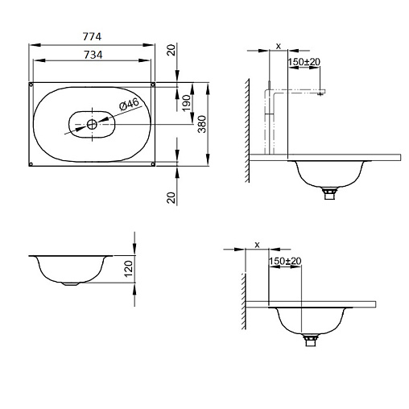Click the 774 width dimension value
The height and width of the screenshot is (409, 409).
click(92, 36)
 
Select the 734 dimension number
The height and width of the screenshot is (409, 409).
click(93, 55)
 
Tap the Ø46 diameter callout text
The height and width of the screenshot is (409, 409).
click(129, 104)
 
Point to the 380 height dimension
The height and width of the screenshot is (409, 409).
click(202, 124)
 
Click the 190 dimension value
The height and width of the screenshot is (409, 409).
click(186, 103)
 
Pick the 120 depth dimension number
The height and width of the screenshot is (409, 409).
click(128, 269)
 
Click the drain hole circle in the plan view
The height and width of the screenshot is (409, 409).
click(92, 124)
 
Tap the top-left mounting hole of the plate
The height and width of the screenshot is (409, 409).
click(31, 85)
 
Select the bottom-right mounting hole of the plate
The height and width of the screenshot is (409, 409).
click(153, 163)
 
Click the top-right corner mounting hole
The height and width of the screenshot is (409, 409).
click(153, 85)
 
